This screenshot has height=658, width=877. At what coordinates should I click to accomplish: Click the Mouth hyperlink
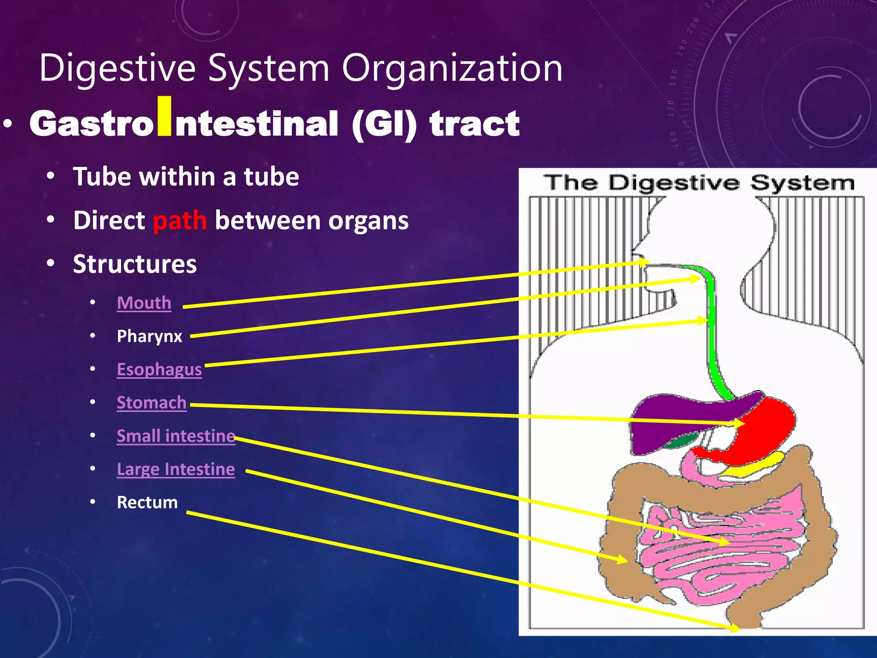144,303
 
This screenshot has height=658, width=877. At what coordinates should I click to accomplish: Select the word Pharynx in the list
149,336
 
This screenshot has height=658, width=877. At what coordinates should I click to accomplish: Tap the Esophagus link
159,369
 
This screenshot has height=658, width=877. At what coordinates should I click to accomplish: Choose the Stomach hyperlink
151,403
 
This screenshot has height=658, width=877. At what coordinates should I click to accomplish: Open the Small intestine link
176,436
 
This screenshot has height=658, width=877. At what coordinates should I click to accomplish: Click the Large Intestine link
176,469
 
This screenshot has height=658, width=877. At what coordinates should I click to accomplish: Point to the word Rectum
147,502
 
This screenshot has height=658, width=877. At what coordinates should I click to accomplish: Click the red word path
180,221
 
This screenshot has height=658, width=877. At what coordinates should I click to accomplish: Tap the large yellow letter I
164,117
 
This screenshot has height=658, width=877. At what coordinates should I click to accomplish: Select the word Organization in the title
452,68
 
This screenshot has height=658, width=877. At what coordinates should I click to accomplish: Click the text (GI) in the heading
384,124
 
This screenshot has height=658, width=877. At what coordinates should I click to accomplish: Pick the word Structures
135,264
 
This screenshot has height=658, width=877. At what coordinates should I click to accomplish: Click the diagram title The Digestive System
699,183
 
